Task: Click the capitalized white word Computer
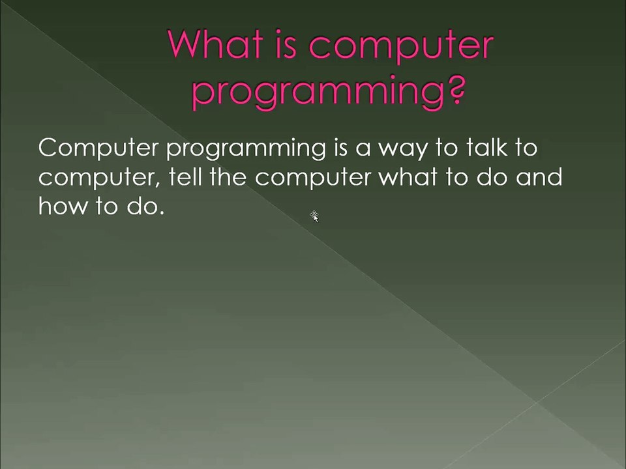[x=98, y=149]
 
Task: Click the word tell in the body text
[x=185, y=177]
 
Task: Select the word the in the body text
[x=228, y=177]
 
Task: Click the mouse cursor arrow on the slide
[x=314, y=217]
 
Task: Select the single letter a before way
[x=363, y=150]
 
